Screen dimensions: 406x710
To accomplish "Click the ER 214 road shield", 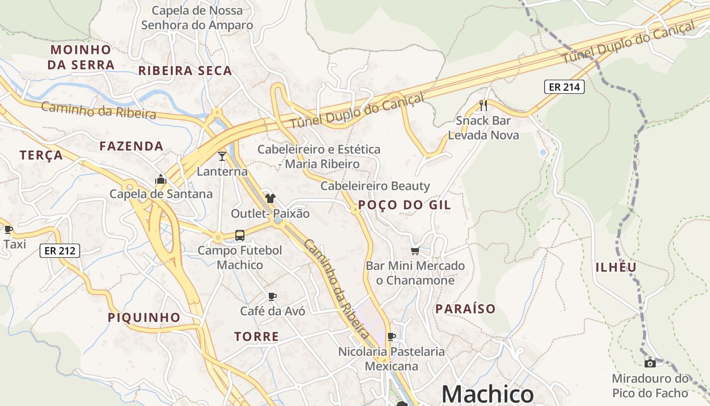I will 564,87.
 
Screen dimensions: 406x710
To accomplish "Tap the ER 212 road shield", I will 60,250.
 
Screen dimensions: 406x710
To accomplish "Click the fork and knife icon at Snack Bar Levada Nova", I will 483,106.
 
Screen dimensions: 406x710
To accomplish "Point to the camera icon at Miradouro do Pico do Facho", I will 650,363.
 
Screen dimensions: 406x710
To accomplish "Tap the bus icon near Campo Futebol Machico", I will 240,235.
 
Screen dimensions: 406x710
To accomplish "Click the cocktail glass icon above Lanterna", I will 222,156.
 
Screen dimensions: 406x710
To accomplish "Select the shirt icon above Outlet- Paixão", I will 270,198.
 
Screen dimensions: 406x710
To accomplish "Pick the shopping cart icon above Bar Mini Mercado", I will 415,251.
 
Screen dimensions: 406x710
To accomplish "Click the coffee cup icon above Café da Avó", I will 272,296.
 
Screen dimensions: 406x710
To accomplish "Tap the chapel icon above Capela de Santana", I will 161,179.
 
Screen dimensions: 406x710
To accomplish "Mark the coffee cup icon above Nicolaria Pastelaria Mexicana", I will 392,336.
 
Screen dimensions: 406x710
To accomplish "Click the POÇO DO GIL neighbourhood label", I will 404,205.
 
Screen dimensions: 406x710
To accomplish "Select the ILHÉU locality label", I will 616,267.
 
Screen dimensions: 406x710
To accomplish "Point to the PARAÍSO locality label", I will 466,309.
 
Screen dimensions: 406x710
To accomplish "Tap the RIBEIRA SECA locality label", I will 185,71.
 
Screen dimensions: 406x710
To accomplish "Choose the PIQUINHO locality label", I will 144,318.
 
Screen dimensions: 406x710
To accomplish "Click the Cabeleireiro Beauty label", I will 375,186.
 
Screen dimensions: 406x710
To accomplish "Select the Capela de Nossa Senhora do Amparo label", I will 197,18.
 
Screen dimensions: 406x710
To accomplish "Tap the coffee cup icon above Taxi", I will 8,229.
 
